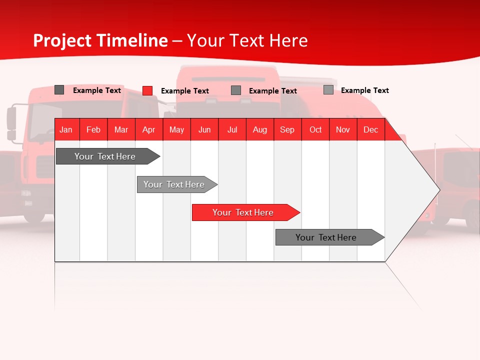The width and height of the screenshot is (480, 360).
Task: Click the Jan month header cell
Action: click(x=66, y=129)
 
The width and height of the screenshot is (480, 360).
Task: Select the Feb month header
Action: click(x=93, y=129)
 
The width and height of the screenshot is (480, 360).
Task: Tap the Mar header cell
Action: click(x=121, y=129)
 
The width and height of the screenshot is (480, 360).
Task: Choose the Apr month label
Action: click(x=149, y=129)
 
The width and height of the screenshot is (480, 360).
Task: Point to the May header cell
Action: click(x=176, y=129)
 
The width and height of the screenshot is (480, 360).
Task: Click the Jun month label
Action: click(x=204, y=129)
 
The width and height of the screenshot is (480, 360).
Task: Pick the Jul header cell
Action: click(x=232, y=129)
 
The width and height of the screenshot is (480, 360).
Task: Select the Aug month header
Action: click(x=260, y=129)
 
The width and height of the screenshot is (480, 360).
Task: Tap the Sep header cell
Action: click(x=287, y=129)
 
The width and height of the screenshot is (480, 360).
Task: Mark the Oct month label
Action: click(x=315, y=129)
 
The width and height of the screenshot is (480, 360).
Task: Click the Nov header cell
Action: click(x=343, y=129)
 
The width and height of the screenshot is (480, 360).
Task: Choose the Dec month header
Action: click(x=371, y=129)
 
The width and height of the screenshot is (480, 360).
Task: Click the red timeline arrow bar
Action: click(x=245, y=212)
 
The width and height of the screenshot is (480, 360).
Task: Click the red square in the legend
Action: click(x=147, y=90)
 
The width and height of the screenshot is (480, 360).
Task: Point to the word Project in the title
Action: click(x=63, y=40)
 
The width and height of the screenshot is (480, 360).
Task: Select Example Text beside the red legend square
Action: click(x=185, y=91)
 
